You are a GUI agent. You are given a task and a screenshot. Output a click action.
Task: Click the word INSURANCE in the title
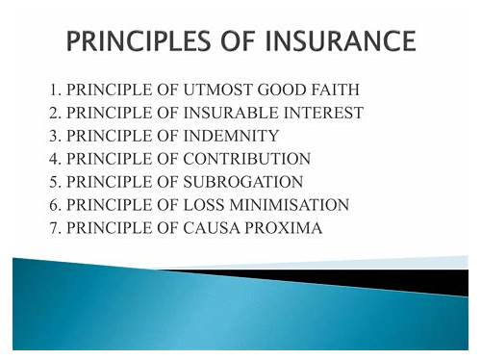point(341,40)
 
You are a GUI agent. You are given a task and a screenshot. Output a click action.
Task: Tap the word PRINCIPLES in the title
point(139,40)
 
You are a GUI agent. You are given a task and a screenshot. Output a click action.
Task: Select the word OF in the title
point(238,40)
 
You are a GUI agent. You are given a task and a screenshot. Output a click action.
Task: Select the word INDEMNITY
point(231,136)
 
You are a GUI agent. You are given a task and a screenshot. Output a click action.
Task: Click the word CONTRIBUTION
point(247,159)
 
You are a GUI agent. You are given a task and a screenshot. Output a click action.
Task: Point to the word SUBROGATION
point(243,182)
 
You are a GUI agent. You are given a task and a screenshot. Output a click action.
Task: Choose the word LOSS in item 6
point(204,205)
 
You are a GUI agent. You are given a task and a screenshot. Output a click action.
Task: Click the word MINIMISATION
point(290,205)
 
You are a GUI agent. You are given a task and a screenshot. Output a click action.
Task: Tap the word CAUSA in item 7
point(212,228)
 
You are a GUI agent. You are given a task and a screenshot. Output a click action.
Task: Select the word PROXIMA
point(284,228)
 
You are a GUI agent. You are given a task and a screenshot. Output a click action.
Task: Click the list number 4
point(55,159)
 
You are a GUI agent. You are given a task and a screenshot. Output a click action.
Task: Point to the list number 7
point(55,228)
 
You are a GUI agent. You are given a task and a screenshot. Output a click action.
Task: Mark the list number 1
point(55,90)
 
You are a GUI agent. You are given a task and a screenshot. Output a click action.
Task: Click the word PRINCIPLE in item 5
point(110,182)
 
